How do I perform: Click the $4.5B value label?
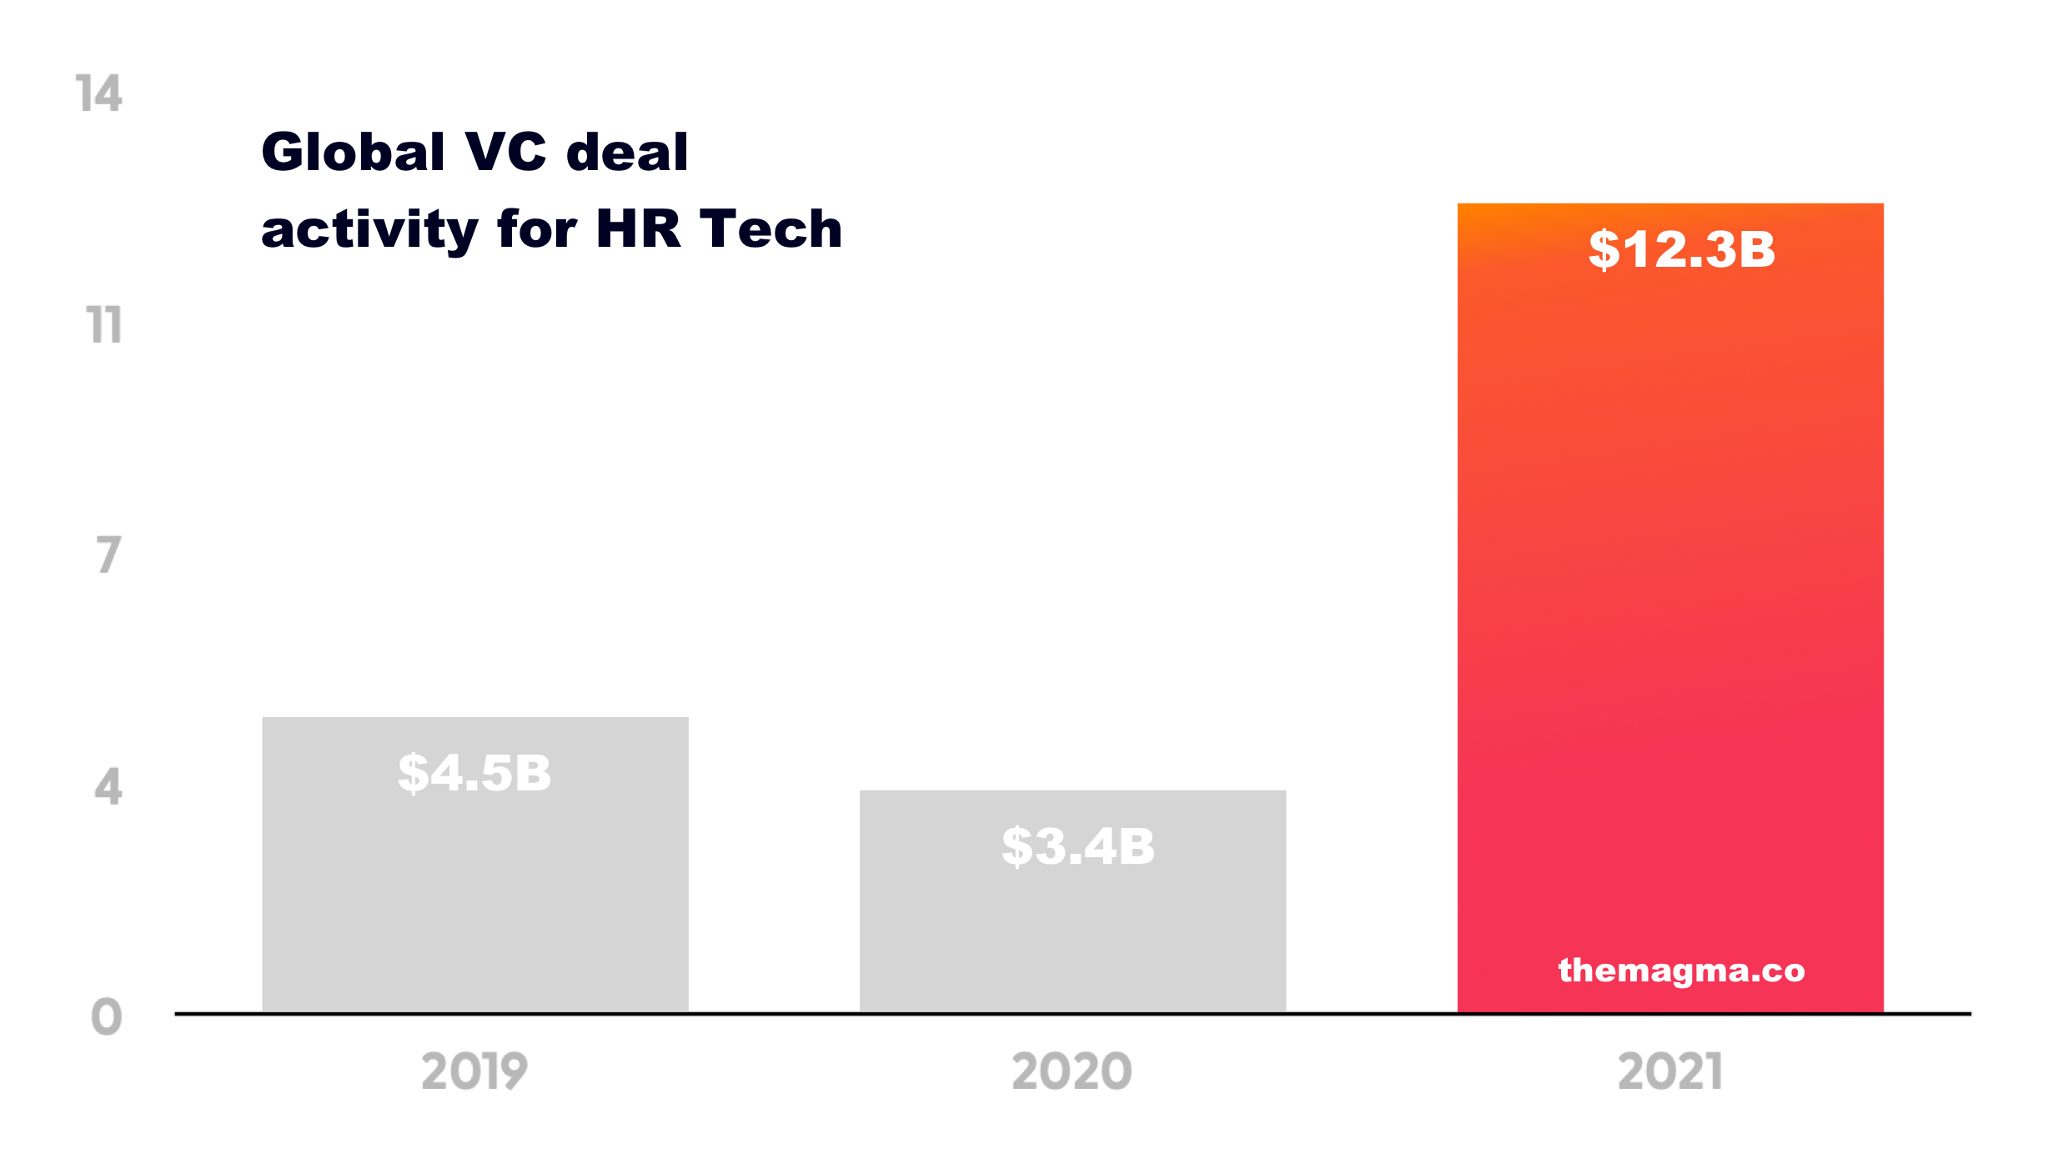(x=474, y=773)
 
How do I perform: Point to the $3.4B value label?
(x=1078, y=846)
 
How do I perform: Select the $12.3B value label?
(x=1682, y=249)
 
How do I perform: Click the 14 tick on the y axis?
(x=99, y=93)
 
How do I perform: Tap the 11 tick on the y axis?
(x=104, y=324)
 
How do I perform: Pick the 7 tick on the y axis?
(x=108, y=555)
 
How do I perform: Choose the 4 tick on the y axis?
(x=108, y=786)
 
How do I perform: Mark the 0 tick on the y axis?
(x=107, y=1017)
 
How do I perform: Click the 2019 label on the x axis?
(x=474, y=1071)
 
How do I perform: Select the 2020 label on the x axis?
(x=1072, y=1071)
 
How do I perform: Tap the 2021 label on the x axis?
(x=1670, y=1071)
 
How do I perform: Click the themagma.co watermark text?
(x=1681, y=971)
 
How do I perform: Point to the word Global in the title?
(x=354, y=153)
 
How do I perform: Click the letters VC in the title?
(x=505, y=153)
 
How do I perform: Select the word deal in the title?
(x=627, y=153)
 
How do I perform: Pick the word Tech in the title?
(x=771, y=228)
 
